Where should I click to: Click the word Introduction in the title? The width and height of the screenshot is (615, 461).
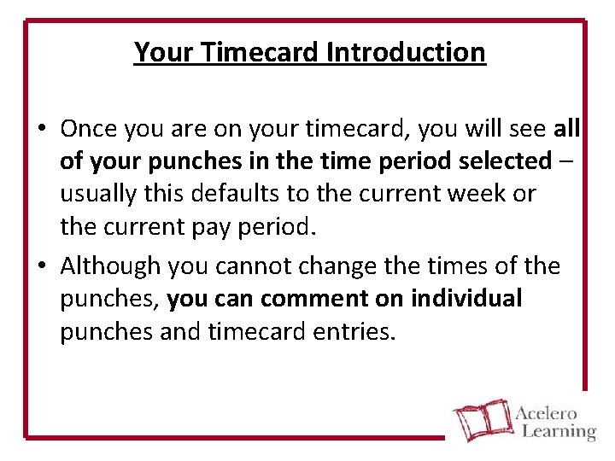click(x=405, y=52)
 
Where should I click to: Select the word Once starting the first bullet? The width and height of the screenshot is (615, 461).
click(x=89, y=129)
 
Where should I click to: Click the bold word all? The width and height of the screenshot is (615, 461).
click(x=566, y=129)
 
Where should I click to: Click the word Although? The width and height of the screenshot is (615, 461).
click(x=110, y=266)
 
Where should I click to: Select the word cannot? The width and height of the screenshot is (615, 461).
click(x=248, y=266)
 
